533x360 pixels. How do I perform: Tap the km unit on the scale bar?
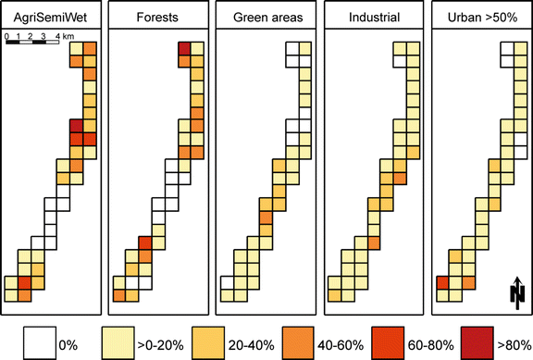69,36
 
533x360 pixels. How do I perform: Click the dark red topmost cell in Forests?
183,49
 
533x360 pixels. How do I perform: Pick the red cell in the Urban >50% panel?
442,283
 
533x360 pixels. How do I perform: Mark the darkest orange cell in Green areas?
266,218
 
